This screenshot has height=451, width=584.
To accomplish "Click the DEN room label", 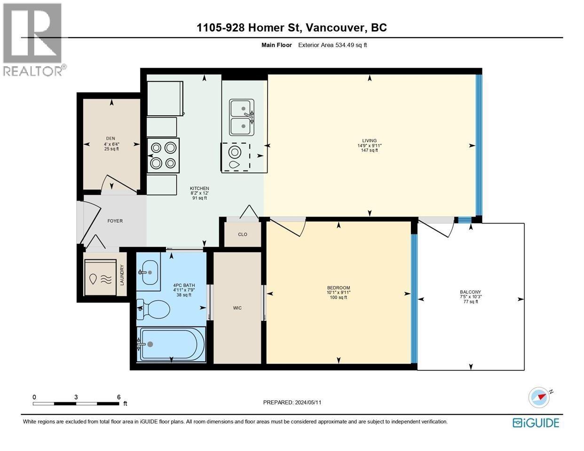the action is [110, 139].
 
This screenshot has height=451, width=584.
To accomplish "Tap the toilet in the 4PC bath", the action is [153, 309].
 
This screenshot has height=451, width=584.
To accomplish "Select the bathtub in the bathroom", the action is [171, 344].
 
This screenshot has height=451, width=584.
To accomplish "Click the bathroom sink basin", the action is [149, 272].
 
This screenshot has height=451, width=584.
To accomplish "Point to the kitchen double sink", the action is [242, 117].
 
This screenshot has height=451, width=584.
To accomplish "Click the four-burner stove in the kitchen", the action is [163, 156].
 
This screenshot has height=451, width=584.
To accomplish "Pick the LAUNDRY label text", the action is [122, 275].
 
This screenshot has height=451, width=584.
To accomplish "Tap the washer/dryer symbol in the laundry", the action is [101, 278].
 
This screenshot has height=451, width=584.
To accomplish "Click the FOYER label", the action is [115, 221].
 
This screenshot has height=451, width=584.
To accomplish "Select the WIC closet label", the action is [237, 308].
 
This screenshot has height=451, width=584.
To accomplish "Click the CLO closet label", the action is [243, 234].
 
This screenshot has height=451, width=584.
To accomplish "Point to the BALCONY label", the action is [470, 292].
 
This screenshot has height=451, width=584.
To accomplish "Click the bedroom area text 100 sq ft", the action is [339, 297].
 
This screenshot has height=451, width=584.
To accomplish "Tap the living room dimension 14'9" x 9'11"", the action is [370, 146].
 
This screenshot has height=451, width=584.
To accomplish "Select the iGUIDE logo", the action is [537, 423].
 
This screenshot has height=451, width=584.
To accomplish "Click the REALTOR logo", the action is [33, 40].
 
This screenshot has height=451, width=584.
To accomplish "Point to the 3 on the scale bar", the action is [76, 397].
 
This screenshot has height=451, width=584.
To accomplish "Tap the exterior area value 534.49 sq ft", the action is [351, 45].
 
